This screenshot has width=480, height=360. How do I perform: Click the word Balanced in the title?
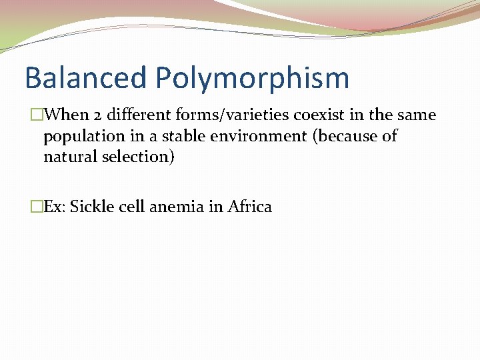[85, 77]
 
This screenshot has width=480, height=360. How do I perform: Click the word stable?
[183, 136]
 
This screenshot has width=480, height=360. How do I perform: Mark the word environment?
[262, 136]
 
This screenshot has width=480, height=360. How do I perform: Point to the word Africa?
[250, 207]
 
